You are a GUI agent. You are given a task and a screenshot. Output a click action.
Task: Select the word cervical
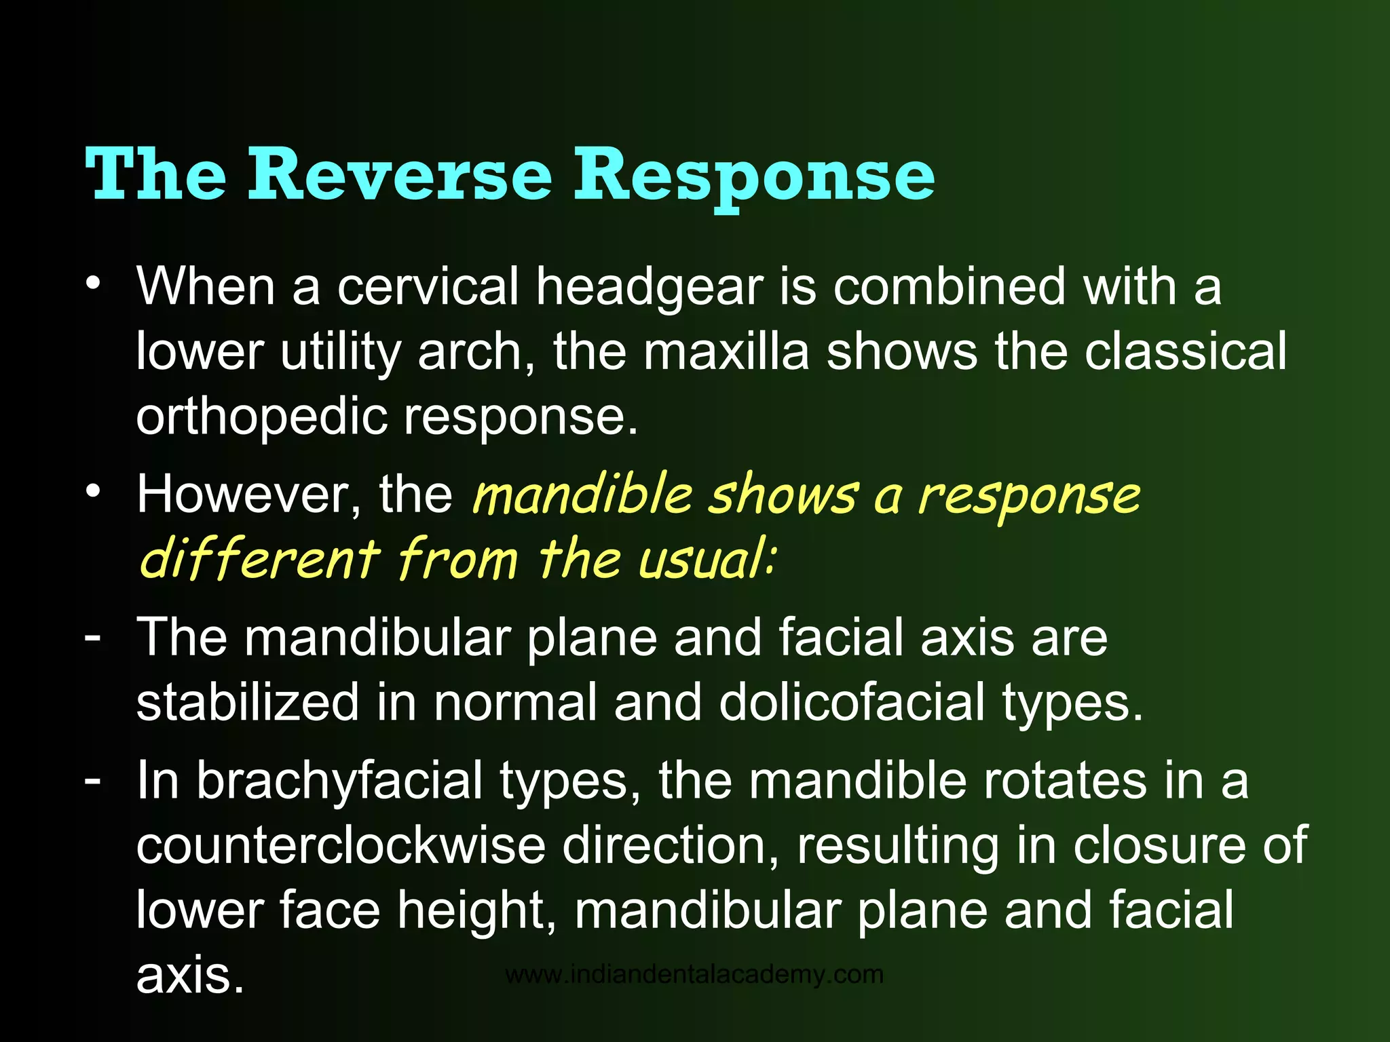click(x=428, y=286)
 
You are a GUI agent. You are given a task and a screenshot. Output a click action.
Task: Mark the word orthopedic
click(x=261, y=417)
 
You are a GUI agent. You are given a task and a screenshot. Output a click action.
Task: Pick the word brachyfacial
click(x=339, y=780)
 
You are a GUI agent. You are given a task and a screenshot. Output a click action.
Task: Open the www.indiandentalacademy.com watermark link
click(x=694, y=975)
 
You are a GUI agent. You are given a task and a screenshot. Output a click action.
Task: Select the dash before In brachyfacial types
click(x=93, y=780)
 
